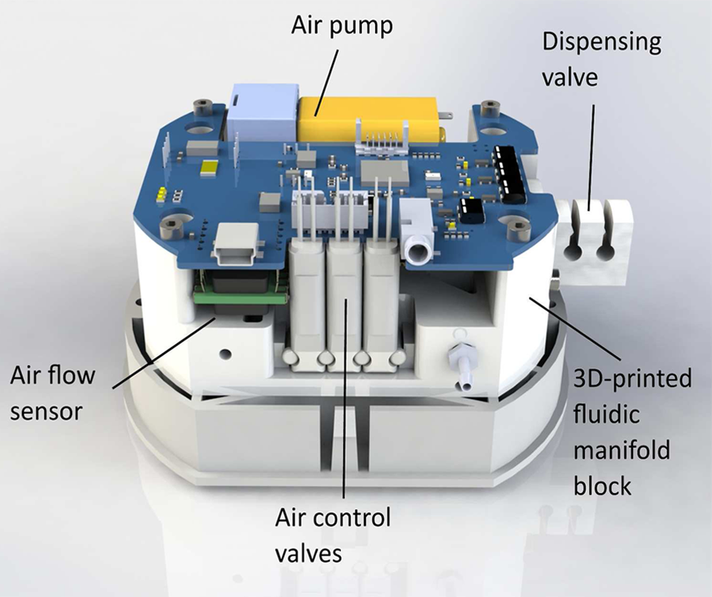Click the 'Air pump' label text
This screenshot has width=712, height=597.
tap(342, 26)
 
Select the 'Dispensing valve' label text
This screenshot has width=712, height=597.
tap(602, 59)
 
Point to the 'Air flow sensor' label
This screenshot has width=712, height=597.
tap(53, 393)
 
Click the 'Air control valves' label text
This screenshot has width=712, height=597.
tap(333, 535)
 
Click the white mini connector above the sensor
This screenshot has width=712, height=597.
tap(236, 243)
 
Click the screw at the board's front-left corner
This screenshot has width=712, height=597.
tap(170, 227)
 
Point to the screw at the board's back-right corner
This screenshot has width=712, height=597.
tap(489, 110)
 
